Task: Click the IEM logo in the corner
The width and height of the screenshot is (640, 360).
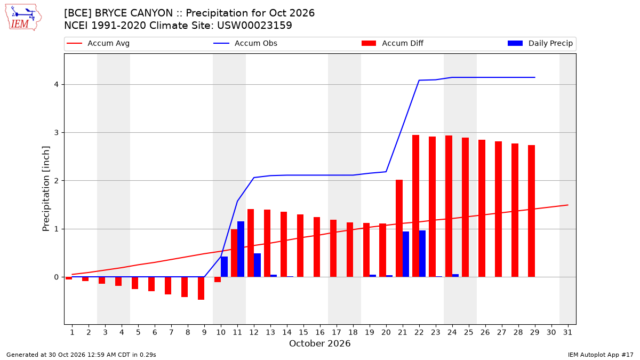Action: tap(23, 18)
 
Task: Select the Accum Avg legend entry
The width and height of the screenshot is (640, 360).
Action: tap(98, 43)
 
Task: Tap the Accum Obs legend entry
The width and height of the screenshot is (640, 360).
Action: tap(245, 43)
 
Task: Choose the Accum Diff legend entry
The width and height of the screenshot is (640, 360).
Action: tap(393, 43)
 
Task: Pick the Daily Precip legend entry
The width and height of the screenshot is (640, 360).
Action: tap(540, 43)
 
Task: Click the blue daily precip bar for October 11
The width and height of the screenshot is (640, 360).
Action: tap(241, 249)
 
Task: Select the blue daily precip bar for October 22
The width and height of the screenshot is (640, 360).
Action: tap(422, 254)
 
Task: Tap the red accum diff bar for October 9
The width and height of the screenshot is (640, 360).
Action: tap(201, 289)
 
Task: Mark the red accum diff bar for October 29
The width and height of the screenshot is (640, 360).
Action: tap(531, 211)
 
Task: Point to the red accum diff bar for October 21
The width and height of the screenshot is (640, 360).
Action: tap(399, 228)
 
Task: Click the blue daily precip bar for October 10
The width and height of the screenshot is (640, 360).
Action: tap(225, 267)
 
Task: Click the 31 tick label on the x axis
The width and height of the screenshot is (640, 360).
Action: tap(567, 333)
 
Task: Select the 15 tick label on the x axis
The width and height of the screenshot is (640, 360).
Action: tap(303, 333)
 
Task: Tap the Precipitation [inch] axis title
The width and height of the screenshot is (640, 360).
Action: tap(46, 189)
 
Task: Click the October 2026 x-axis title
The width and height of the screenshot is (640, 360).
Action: tap(319, 343)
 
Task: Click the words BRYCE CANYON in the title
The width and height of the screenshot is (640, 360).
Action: tap(134, 13)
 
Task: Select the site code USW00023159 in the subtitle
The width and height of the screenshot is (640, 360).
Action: tap(254, 26)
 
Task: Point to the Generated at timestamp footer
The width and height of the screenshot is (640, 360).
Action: tap(81, 355)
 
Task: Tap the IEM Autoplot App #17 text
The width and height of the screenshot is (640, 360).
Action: tap(601, 355)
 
